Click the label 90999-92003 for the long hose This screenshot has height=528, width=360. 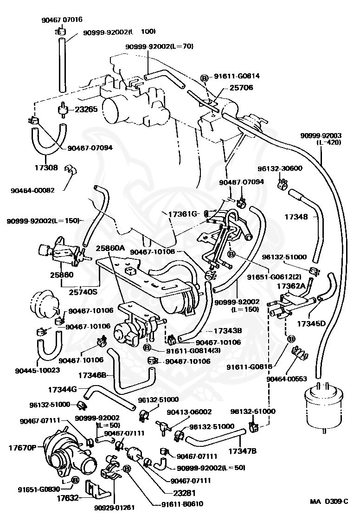pyautogui.click(x=321, y=135)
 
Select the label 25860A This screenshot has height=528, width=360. pyautogui.click(x=111, y=248)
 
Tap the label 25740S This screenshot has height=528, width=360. pyautogui.click(x=83, y=292)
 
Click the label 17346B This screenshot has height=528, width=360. pyautogui.click(x=92, y=374)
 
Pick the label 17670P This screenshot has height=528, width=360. pyautogui.click(x=22, y=448)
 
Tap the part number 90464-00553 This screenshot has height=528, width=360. pyautogui.click(x=286, y=379)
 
